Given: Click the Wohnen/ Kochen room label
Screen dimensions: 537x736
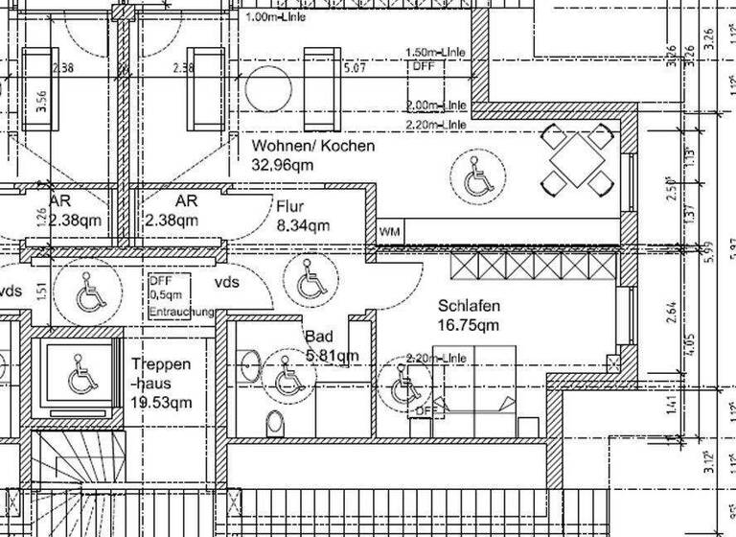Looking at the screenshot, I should click(x=313, y=146).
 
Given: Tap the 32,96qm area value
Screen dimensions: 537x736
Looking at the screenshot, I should click(x=283, y=165).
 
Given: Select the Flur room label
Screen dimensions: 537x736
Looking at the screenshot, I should click(x=289, y=206).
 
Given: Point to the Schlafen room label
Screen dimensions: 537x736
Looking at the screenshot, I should click(x=470, y=306).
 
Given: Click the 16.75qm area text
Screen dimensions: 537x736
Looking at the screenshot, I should click(x=470, y=325).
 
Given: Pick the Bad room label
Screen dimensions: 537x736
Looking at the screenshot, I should click(x=318, y=337).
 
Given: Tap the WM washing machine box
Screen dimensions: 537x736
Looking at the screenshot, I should click(x=390, y=232).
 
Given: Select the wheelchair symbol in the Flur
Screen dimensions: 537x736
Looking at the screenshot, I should click(x=309, y=282).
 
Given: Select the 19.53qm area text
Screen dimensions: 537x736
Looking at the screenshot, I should click(x=162, y=403).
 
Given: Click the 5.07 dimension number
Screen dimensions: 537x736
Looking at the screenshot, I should click(x=354, y=68).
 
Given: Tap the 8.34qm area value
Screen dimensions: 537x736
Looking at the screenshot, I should click(x=303, y=226).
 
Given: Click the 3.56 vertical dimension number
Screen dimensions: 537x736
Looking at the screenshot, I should click(x=40, y=102).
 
